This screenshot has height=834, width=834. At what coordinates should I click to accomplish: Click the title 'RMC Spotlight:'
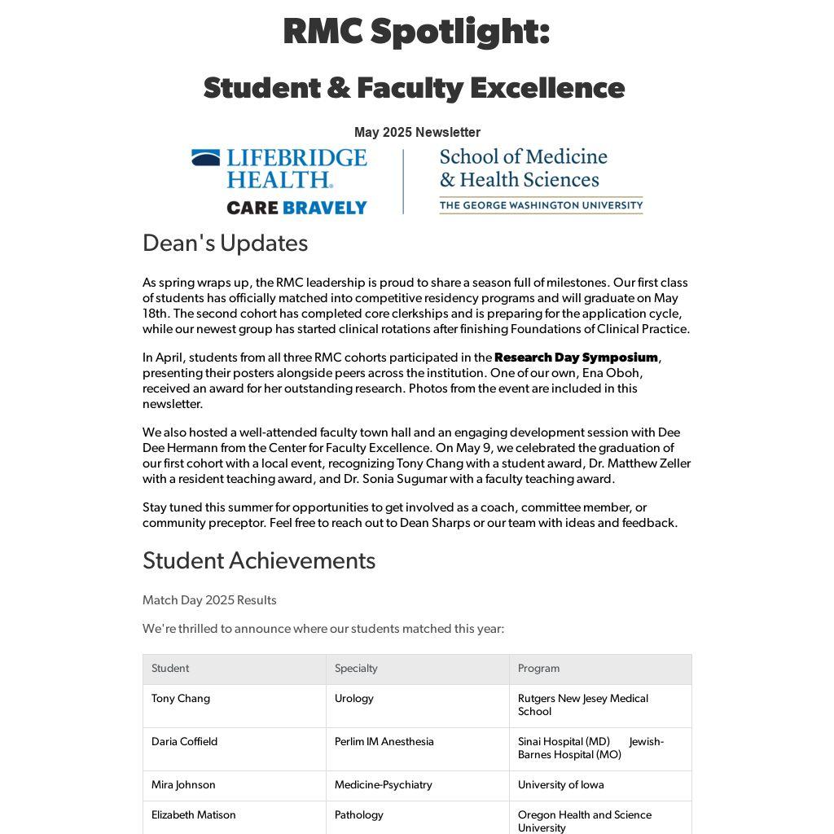tap(416, 33)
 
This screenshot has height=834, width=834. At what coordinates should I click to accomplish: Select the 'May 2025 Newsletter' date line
tap(417, 132)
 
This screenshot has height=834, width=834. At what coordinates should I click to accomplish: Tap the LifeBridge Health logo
tap(279, 169)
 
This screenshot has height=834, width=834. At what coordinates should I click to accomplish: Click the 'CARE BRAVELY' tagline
tap(296, 208)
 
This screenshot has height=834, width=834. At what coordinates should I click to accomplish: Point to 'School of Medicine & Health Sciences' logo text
tap(523, 168)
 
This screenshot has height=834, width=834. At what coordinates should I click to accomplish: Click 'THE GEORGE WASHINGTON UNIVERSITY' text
tap(541, 205)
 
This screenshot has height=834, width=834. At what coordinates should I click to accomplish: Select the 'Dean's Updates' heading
tap(225, 244)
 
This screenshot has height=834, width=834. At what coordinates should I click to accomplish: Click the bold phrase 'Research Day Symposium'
tap(576, 358)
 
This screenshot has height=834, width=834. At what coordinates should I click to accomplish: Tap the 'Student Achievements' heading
tap(259, 560)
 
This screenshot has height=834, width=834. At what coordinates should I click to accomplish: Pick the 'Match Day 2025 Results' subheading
tap(209, 600)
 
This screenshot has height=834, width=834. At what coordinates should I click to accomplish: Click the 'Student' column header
tap(170, 669)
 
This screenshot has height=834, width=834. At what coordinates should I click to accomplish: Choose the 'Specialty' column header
tap(356, 669)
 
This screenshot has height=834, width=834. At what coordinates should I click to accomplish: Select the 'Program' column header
tap(538, 669)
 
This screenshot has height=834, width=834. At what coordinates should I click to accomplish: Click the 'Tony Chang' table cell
tap(181, 699)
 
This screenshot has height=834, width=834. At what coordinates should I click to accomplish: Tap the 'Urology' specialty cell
tap(354, 699)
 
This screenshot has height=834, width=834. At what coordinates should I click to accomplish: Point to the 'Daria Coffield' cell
tap(184, 742)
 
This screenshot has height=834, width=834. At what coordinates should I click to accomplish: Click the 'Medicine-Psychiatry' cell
tap(383, 785)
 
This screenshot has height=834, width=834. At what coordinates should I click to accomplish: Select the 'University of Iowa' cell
tap(560, 785)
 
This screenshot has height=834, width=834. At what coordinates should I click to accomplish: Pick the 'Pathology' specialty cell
tap(358, 815)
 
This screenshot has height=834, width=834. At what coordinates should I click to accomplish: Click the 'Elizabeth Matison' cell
tap(193, 815)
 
